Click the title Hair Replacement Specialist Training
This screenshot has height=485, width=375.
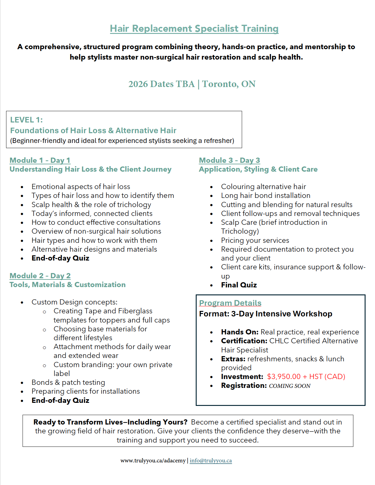[x=194, y=29]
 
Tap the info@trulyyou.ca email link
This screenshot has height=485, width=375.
[x=211, y=461]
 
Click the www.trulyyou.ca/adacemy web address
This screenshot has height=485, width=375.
[x=153, y=461]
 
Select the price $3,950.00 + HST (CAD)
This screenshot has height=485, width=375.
[x=306, y=377]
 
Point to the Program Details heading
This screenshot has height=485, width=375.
[x=230, y=303]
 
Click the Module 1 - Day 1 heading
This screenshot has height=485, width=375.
[x=40, y=160]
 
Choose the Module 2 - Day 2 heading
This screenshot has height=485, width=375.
[x=40, y=276]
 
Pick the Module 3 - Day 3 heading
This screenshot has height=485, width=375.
[x=229, y=160]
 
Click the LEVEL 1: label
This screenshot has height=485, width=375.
[x=27, y=120]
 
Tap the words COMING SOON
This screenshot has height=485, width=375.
[x=290, y=386]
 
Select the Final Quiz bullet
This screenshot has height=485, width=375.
[x=239, y=285]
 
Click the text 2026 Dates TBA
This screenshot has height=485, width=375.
[x=161, y=84]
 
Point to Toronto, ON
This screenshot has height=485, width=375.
[x=229, y=84]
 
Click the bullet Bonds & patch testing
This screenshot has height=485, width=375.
[x=68, y=382]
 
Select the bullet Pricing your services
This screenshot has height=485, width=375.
[x=255, y=240]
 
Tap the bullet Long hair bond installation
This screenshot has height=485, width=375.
[x=266, y=195]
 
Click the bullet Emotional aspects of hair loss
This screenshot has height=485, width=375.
[x=81, y=187]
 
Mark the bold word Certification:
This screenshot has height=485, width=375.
[x=244, y=341]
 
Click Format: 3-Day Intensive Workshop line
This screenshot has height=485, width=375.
[x=266, y=314]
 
